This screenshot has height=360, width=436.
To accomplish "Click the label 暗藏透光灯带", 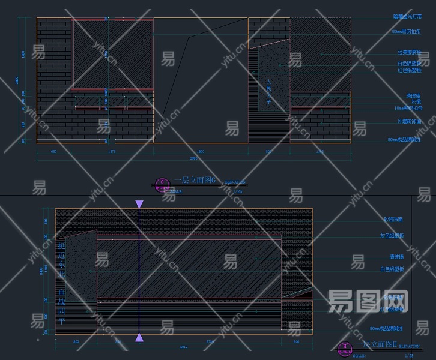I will pyautogui.click(x=406, y=17).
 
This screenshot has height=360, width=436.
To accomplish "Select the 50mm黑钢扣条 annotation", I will pyautogui.click(x=405, y=31).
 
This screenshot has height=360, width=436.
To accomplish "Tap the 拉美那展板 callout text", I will pyautogui.click(x=409, y=52).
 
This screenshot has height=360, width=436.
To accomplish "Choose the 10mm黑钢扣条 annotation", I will pyautogui.click(x=408, y=108).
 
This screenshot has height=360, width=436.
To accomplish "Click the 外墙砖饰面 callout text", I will pyautogui.click(x=409, y=121).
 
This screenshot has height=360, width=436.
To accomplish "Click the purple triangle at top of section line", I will pyautogui.click(x=139, y=205).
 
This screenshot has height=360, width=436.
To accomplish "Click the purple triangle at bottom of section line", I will pyautogui.click(x=139, y=338).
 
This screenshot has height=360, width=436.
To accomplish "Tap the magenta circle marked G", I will pyautogui.click(x=162, y=183).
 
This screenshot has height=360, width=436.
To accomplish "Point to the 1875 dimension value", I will pyautogui.click(x=111, y=152).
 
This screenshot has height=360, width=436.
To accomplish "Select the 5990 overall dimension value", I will pyautogui.click(x=193, y=158).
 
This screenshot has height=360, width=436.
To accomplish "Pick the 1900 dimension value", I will pyautogui.click(x=200, y=152).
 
